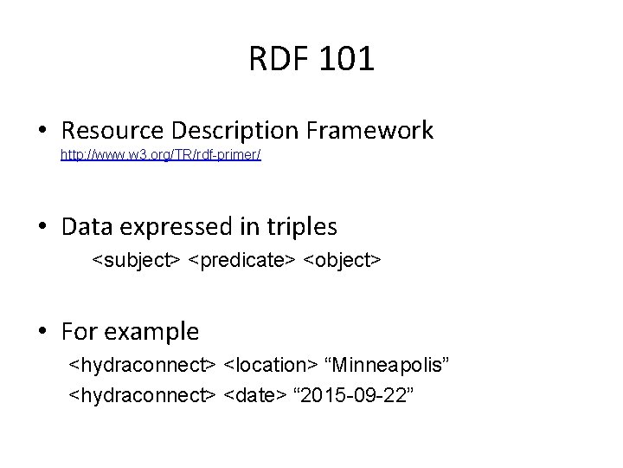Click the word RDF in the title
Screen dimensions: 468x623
click(279, 60)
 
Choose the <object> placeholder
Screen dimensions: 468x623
click(342, 259)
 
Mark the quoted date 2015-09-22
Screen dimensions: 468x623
click(358, 395)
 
